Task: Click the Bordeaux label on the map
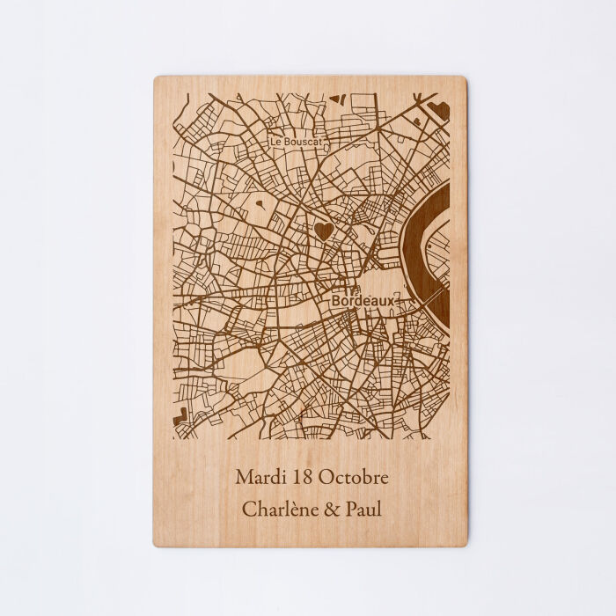pyautogui.click(x=363, y=301)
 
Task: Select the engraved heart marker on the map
pyautogui.click(x=323, y=231)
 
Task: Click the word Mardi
pyautogui.click(x=257, y=478)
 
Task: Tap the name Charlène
pyautogui.click(x=282, y=509)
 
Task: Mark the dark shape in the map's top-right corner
pyautogui.click(x=439, y=110)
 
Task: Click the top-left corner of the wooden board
pyautogui.click(x=156, y=78)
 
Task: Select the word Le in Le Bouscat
pyautogui.click(x=276, y=141)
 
